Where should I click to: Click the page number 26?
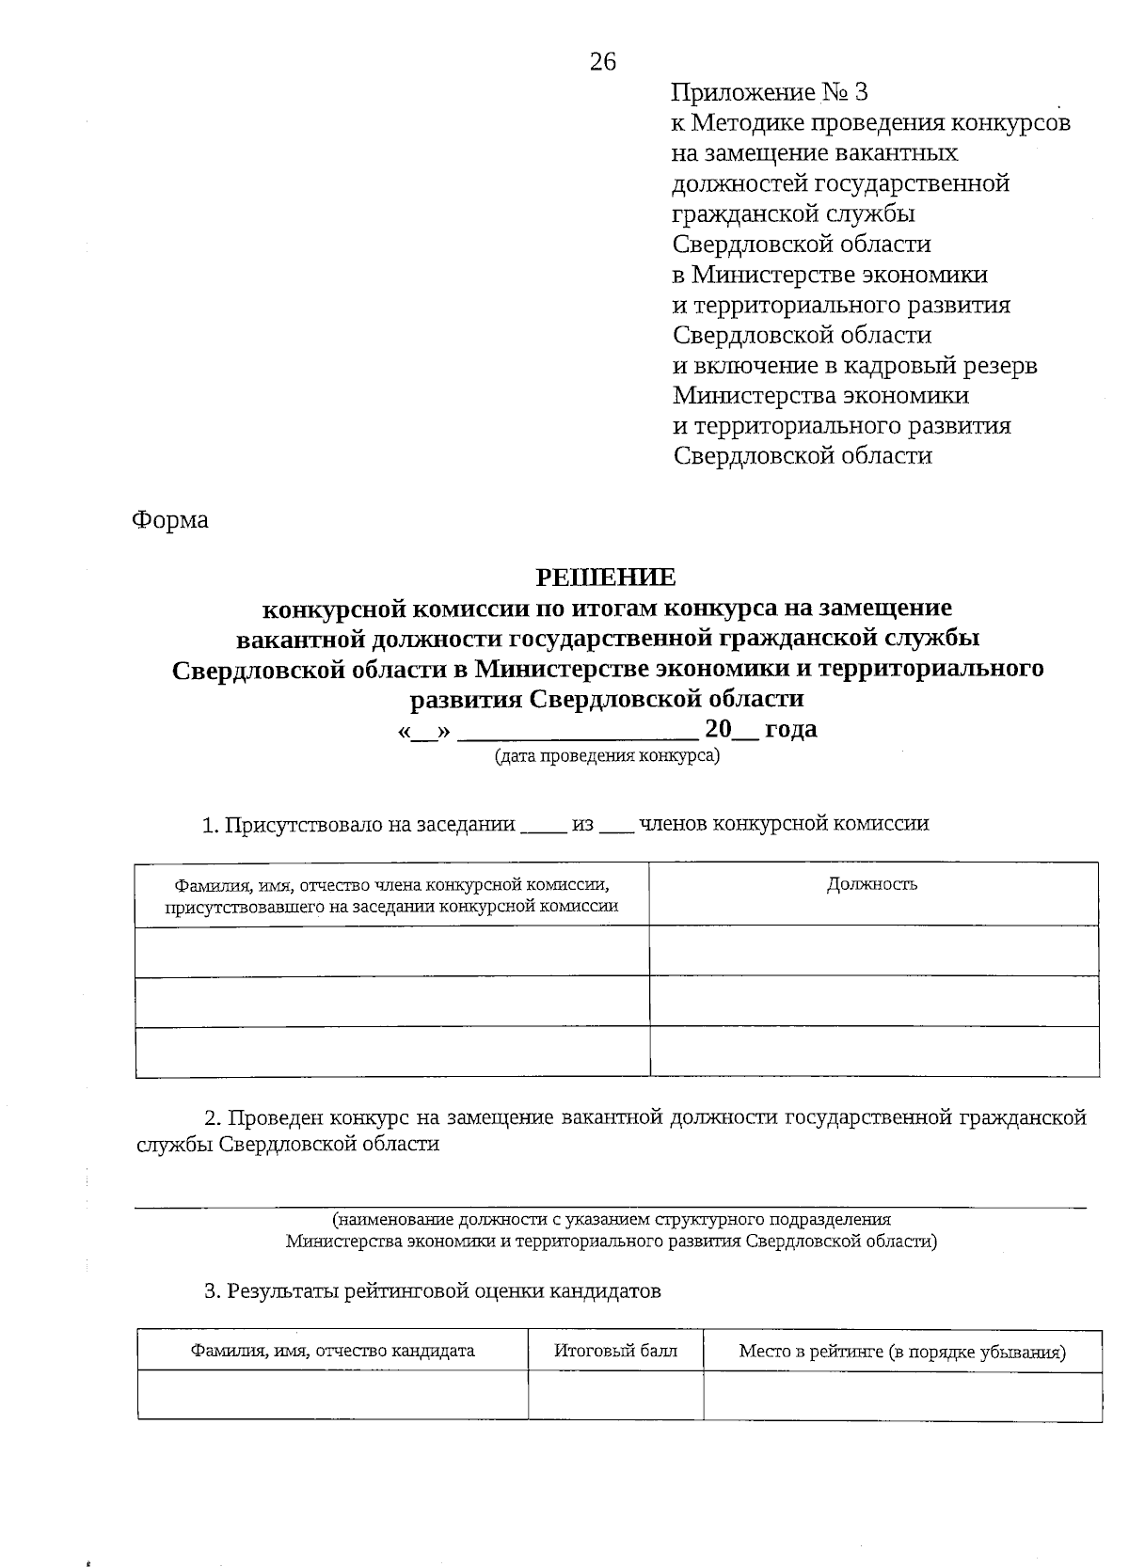tap(603, 62)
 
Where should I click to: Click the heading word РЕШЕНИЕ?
tap(605, 577)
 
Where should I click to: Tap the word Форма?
tap(170, 519)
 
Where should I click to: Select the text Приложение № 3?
tap(770, 92)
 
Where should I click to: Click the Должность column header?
tap(872, 884)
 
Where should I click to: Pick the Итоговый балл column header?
tap(615, 1352)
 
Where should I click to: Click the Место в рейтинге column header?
tap(901, 1353)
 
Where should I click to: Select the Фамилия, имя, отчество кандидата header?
tap(332, 1352)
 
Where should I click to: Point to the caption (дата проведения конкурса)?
tap(607, 755)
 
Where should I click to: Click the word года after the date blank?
tap(790, 729)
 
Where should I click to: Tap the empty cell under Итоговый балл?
tap(615, 1395)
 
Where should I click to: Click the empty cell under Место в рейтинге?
tap(901, 1395)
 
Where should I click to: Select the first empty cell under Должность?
tap(873, 951)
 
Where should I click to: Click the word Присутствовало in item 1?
tap(300, 825)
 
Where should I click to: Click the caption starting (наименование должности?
tap(612, 1220)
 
